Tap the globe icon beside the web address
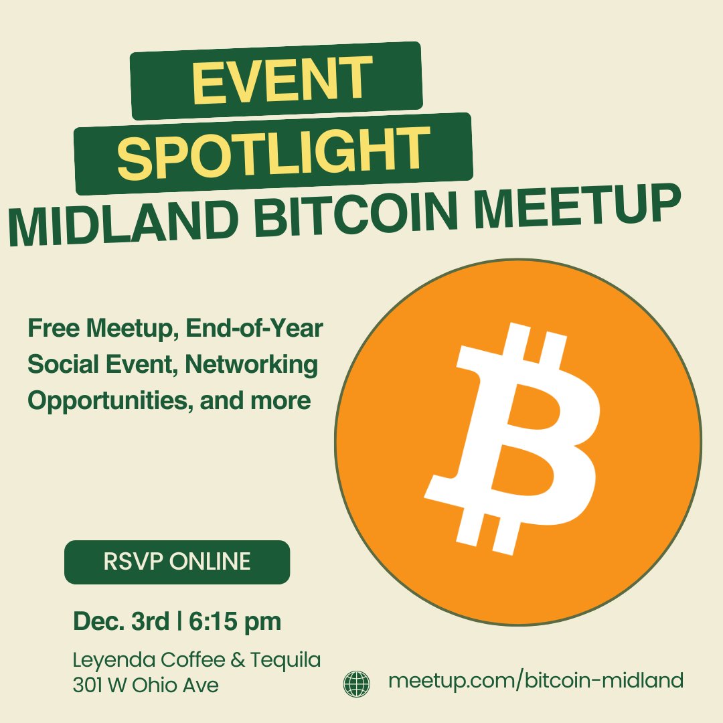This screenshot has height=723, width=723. coord(356,684)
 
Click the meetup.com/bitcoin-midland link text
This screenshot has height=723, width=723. coord(536,681)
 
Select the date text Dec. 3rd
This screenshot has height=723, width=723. coord(121,621)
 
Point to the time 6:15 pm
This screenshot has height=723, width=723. coord(234,621)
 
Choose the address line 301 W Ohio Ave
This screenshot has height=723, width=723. coord(145,686)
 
